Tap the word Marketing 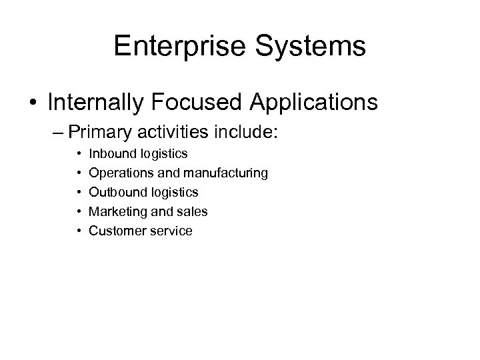click(x=115, y=212)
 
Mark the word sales click(x=193, y=212)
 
